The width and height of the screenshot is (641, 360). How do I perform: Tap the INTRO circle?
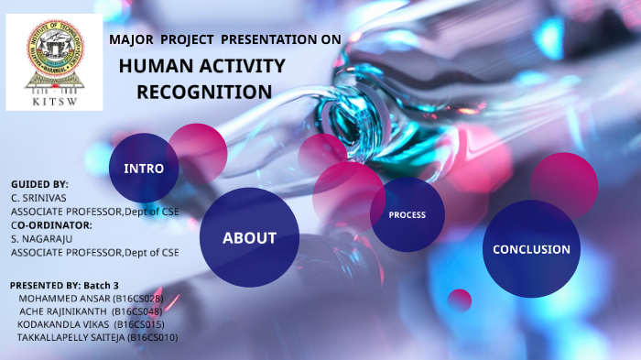(x=144, y=169)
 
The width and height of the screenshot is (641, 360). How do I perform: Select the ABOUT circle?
(x=249, y=238)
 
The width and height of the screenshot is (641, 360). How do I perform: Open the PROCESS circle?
(x=407, y=215)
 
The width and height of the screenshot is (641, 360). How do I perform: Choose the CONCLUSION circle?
(x=531, y=249)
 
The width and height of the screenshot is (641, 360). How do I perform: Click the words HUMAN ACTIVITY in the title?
(x=201, y=66)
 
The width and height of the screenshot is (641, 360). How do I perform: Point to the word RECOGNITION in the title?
(x=204, y=93)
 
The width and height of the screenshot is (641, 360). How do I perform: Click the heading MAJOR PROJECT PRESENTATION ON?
(x=224, y=39)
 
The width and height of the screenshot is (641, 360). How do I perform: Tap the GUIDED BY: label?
(x=39, y=184)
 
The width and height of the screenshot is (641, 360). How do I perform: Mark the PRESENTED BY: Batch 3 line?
(x=64, y=285)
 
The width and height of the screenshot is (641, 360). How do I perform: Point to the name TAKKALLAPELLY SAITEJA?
(x=71, y=337)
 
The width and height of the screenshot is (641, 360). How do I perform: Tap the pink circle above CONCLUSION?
(x=564, y=181)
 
